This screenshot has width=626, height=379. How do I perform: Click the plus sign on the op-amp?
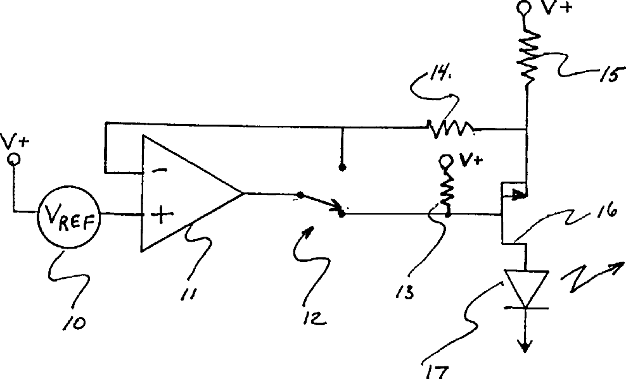(x=162, y=216)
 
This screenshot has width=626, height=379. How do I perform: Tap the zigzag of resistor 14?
(x=449, y=130)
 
